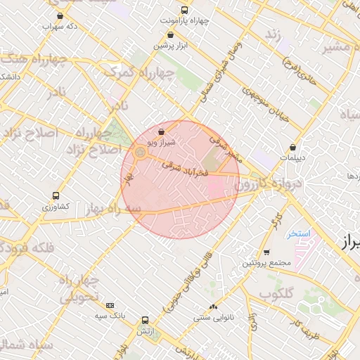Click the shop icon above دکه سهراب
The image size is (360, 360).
tap(59, 15)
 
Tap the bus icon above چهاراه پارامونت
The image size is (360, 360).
tap(184, 10)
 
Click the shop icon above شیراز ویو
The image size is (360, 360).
tap(162, 131)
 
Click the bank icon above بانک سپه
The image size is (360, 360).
tap(110, 305)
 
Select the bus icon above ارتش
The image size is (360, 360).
tap(145, 319)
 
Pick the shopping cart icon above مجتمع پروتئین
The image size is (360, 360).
tap(266, 252)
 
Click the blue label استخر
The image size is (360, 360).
tap(299, 233)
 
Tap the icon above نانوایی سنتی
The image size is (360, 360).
tap(213, 307)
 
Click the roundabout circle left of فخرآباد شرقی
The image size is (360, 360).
tap(140, 152)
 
